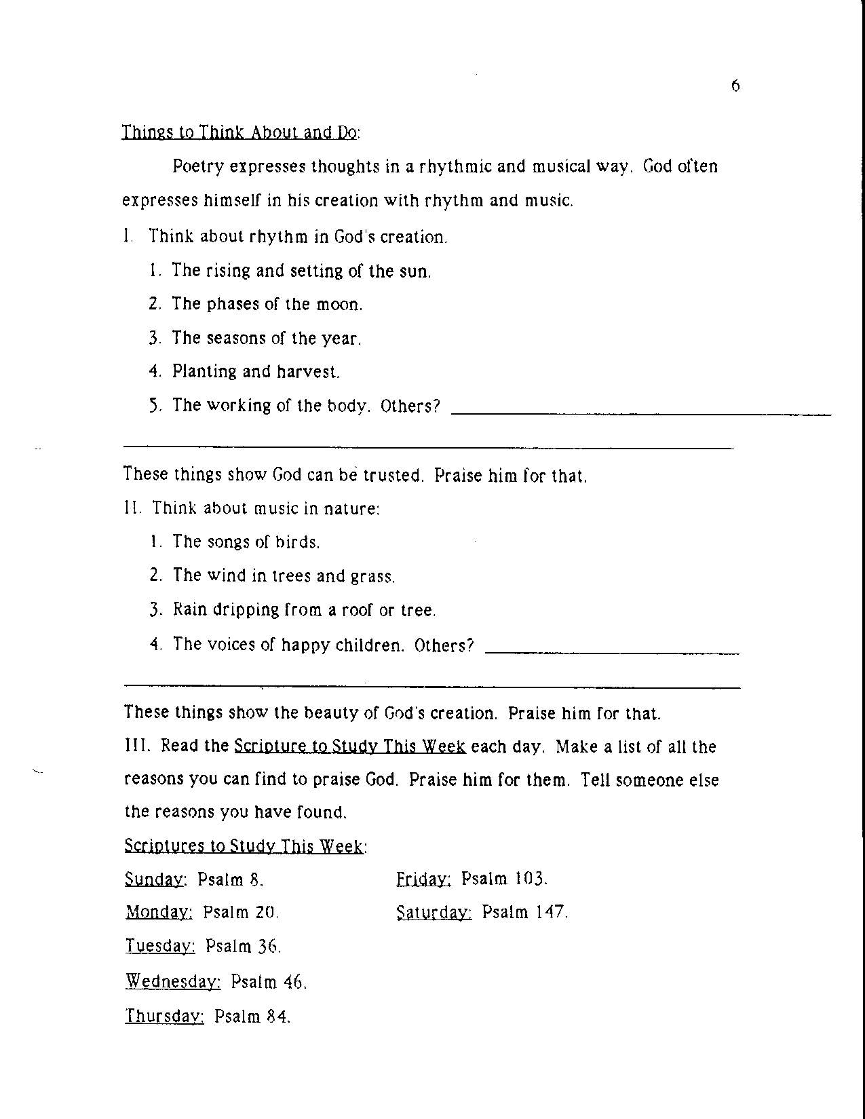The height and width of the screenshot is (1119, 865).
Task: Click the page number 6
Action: tap(735, 86)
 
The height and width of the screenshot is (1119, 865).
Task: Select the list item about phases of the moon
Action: tap(267, 304)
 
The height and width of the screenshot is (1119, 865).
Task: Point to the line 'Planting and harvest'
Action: tap(256, 372)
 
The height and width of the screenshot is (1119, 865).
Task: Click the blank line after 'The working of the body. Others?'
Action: tap(640, 413)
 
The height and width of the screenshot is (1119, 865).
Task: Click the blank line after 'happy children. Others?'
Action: tap(613, 652)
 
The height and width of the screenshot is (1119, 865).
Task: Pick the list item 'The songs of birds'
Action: tap(246, 542)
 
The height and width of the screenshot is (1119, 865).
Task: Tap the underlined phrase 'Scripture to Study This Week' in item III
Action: tap(349, 747)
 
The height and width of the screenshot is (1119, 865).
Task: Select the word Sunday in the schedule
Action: tap(155, 880)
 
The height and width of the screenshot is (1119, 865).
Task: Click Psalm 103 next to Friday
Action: tap(504, 879)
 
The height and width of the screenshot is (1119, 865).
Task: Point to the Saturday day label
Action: tap(434, 913)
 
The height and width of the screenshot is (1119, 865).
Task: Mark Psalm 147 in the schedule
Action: tap(524, 913)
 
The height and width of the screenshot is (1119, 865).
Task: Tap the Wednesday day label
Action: tap(173, 982)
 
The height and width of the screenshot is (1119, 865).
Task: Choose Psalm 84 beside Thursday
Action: tap(252, 1017)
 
